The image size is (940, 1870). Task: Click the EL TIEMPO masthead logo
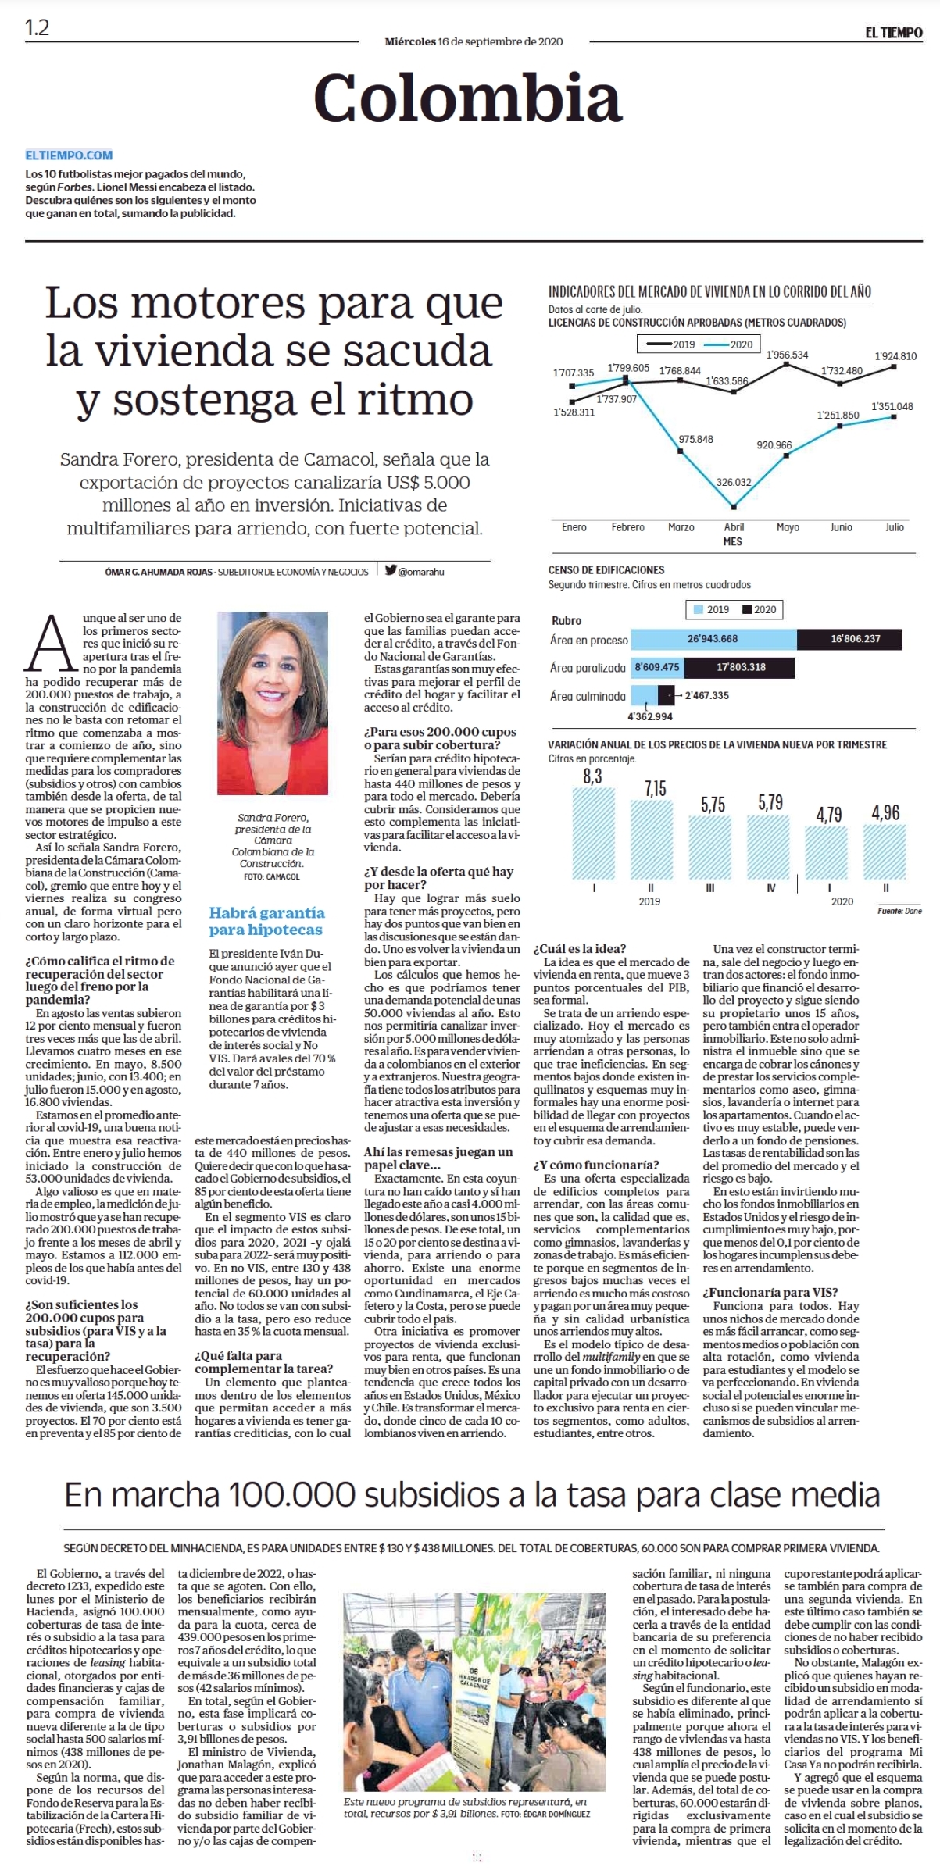893,33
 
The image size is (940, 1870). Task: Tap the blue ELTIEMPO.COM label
69,155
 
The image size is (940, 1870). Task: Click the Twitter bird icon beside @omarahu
390,570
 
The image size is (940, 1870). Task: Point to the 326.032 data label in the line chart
734,482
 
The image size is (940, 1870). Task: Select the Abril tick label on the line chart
734,527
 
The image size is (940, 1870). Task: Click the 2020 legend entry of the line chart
728,344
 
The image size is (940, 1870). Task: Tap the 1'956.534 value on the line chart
787,355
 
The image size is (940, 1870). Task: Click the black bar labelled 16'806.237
849,639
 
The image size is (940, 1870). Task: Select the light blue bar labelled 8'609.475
656,668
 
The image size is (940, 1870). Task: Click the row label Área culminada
588,696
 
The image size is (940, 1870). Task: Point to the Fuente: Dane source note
899,911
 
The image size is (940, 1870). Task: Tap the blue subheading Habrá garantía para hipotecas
266,921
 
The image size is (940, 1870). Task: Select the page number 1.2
37,28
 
